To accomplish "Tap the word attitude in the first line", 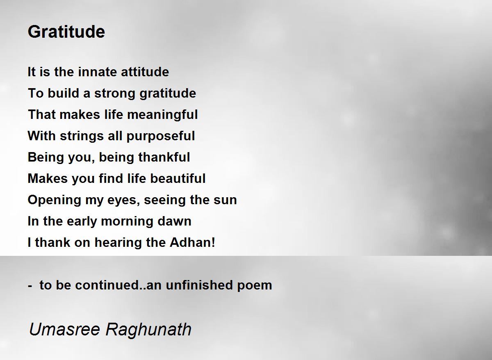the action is coord(145,72).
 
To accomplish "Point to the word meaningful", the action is coord(162,115).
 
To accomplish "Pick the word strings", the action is coord(82,136).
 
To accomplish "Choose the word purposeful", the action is coord(161,136).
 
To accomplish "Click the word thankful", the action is coord(164,157).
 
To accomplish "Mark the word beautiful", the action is coord(178,178).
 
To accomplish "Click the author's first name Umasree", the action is coord(65,329).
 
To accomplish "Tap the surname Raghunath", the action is coord(149,330).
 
